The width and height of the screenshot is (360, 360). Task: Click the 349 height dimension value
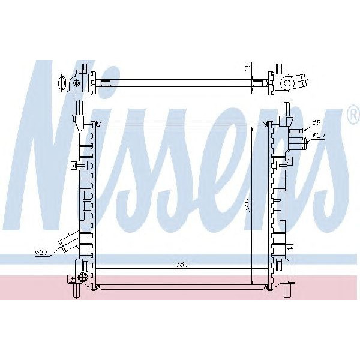click(247, 206)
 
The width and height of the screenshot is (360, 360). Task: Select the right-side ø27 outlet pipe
click(302, 142)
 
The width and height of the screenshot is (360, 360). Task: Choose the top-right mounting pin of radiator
click(287, 110)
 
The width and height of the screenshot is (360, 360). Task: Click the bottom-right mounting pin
click(286, 290)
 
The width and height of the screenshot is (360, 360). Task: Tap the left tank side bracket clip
click(76, 166)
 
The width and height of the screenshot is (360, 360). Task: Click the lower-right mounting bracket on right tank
click(288, 248)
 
